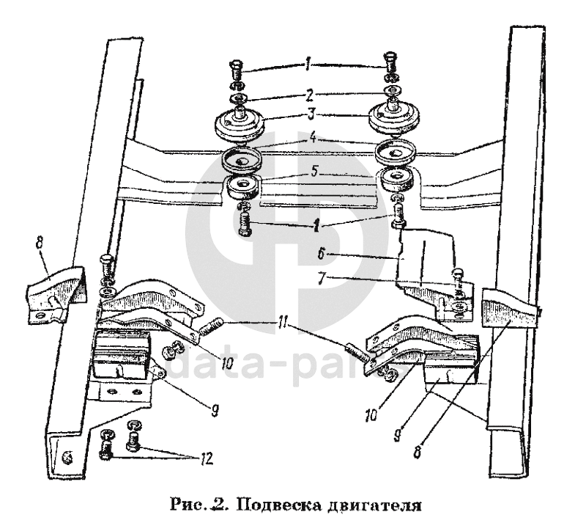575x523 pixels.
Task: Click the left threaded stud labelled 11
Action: (209, 324)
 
